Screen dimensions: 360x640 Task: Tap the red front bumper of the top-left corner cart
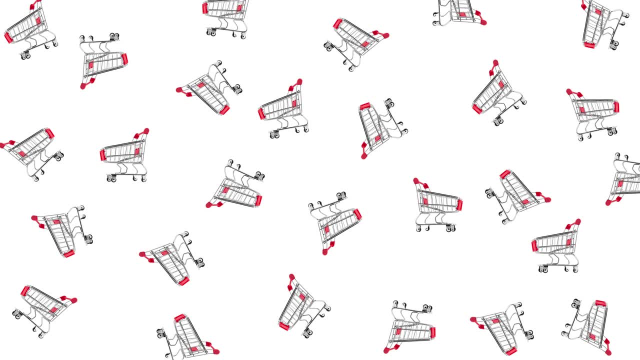[8, 37]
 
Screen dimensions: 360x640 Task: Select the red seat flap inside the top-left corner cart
[38, 20]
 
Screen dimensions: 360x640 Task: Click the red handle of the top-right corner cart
[584, 4]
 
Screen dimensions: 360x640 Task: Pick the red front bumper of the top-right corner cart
[589, 45]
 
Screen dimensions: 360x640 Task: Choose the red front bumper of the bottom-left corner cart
[24, 290]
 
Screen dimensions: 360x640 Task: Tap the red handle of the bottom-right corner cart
[606, 348]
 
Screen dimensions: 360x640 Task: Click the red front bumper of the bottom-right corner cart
[600, 303]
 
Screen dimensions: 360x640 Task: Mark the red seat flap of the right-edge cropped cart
[620, 183]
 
